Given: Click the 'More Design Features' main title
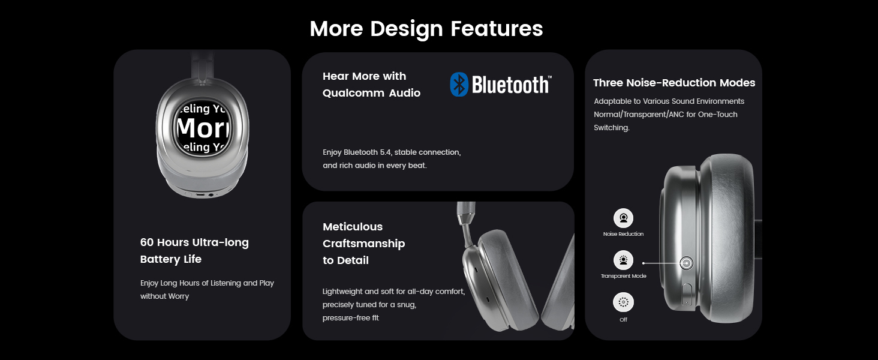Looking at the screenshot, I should coord(426,29).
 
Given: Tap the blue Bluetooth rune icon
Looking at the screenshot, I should coord(459,85).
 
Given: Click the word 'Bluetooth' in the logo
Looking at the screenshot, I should coord(511,85).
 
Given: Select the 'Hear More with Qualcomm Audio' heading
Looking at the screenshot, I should coord(371,85).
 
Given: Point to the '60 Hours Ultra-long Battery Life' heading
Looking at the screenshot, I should coord(194,251).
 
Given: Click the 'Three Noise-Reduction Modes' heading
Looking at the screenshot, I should coord(674,83).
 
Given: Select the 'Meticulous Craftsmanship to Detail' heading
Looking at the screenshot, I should coord(363,244).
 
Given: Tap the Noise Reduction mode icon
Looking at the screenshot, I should coord(624,218).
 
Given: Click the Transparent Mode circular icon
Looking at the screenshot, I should coord(624,260).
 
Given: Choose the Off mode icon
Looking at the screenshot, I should coord(624,302).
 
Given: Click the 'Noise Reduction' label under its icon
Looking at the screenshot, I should coord(624,234).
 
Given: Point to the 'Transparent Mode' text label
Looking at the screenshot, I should coord(624,276).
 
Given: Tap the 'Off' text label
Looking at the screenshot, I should coord(624,320).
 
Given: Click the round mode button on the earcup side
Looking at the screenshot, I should coord(687,263).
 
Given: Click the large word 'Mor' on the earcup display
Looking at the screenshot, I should coord(202,128).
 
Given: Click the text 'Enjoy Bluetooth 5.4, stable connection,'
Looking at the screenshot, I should coord(392,152).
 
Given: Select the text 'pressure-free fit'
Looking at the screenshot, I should coord(351,318).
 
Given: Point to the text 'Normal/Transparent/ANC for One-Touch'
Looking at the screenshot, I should coord(666,115).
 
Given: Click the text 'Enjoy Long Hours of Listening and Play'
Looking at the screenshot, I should coord(207,283).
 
